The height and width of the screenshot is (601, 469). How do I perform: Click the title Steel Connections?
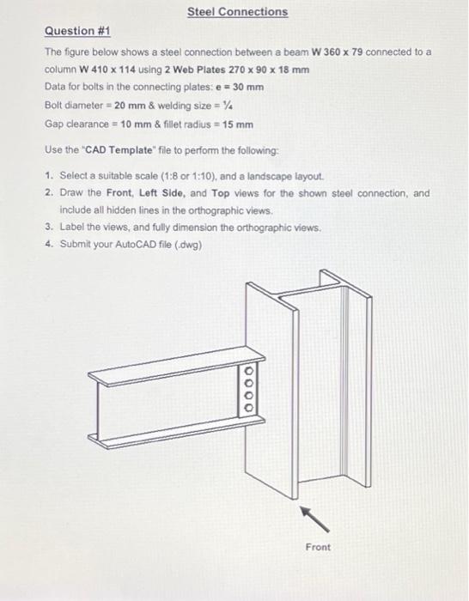[238, 12]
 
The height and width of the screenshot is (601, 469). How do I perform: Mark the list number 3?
[50, 228]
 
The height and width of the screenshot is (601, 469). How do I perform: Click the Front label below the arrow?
[317, 547]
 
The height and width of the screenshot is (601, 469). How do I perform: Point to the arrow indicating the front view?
[312, 517]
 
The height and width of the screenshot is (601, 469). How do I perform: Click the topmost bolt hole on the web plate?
[249, 373]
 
